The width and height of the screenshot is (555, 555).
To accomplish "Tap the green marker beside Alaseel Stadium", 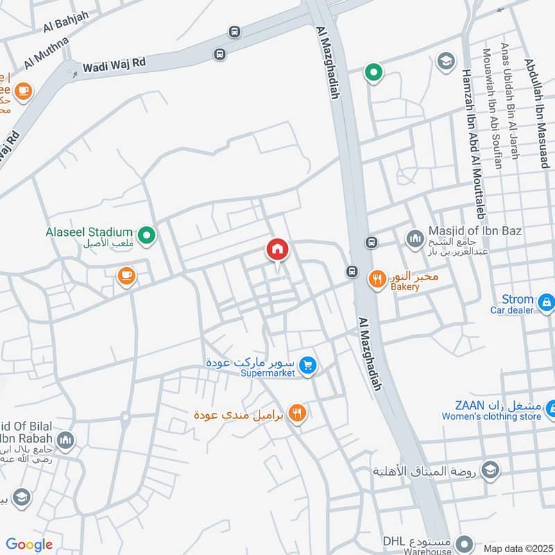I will tap(146, 237).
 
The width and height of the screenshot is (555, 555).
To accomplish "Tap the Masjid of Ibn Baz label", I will tap(475, 230).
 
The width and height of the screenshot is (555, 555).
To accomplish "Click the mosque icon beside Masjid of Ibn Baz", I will tap(415, 239).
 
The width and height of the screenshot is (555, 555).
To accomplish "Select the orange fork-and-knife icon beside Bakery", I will tap(376, 279).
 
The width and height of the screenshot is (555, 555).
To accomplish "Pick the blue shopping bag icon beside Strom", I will tap(547, 302).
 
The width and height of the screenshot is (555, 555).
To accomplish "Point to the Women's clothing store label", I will tap(491, 417).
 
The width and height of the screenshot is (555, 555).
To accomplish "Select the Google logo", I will tap(29, 544).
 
